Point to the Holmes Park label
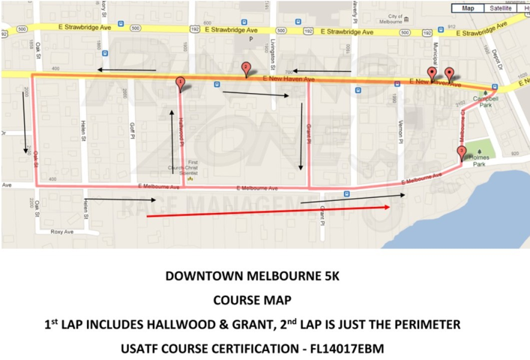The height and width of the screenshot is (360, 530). (x=480, y=158)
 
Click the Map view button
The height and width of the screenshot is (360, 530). (x=468, y=8)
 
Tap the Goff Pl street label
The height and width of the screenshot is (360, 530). (x=131, y=130)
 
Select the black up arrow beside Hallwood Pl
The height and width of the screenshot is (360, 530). (x=172, y=141)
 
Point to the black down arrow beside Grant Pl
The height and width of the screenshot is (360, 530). (x=300, y=135)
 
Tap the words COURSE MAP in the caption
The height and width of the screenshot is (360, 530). (x=252, y=300)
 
